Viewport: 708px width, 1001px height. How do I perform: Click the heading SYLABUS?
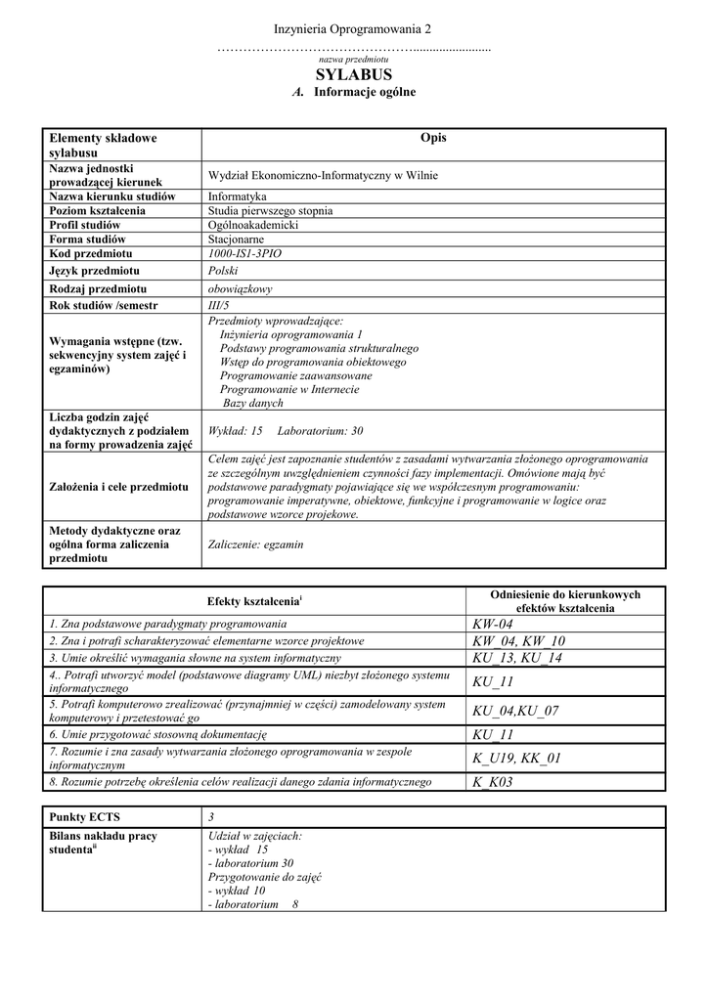point(353,75)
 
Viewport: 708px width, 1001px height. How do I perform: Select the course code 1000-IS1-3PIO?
point(244,253)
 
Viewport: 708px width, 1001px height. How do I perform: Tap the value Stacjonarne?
point(236,239)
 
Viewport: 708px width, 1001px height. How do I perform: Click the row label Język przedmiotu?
point(94,271)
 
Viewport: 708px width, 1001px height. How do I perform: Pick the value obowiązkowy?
point(241,289)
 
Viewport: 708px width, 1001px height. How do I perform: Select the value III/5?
point(218,306)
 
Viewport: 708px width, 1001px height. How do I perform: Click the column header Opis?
point(433,138)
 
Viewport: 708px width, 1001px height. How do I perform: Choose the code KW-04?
point(492,625)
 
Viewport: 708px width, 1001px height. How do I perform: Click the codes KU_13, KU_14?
point(517,658)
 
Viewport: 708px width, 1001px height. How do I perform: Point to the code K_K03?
point(492,782)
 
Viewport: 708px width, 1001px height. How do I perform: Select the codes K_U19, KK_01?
point(518,758)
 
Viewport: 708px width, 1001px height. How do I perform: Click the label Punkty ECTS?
point(85,816)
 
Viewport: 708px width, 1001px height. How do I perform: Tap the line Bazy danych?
point(253,403)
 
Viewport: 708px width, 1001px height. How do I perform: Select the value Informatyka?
point(238,196)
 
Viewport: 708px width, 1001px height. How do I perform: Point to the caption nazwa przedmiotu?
point(353,60)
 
